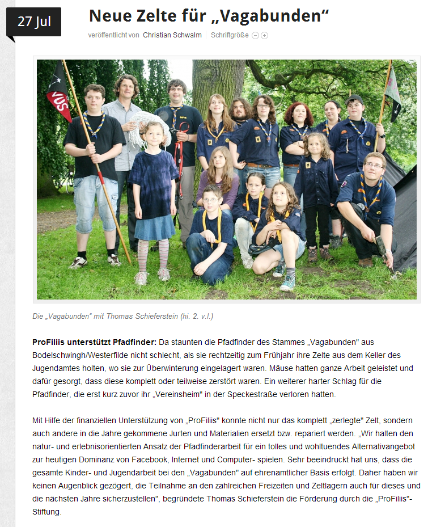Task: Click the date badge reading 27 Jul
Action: pyautogui.click(x=33, y=22)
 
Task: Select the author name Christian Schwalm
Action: pyautogui.click(x=172, y=35)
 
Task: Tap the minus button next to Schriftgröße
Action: pyautogui.click(x=255, y=35)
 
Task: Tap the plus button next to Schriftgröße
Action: pyautogui.click(x=264, y=35)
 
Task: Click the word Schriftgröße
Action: pyautogui.click(x=230, y=35)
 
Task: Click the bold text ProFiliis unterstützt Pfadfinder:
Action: pyautogui.click(x=94, y=343)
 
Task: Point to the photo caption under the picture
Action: pyautogui.click(x=122, y=316)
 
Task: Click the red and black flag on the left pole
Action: pyautogui.click(x=58, y=94)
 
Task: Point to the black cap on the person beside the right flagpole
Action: pyautogui.click(x=354, y=99)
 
